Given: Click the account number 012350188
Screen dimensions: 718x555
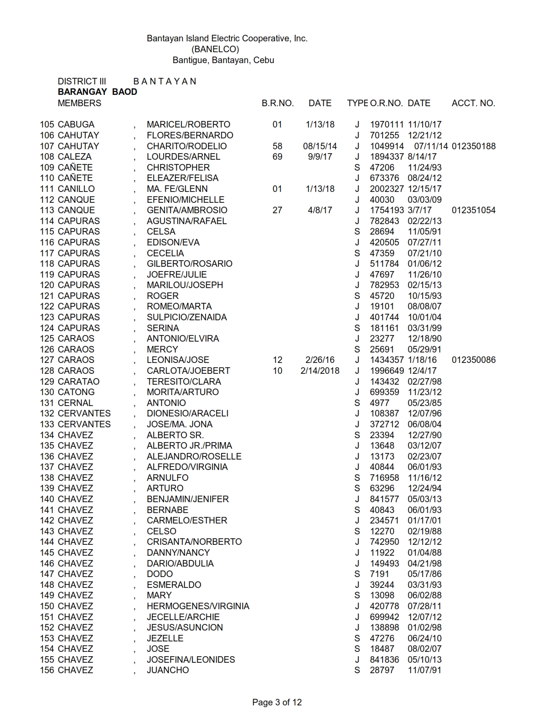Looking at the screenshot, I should click(x=474, y=146).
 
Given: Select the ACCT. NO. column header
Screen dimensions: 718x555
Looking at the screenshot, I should click(x=473, y=103).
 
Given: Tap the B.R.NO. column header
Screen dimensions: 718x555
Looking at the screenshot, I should click(x=278, y=103).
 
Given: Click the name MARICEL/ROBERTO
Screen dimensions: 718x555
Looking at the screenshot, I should click(x=188, y=124).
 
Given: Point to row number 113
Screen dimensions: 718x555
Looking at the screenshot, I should click(x=47, y=210).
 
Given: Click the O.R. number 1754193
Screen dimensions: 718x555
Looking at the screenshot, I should click(x=387, y=210).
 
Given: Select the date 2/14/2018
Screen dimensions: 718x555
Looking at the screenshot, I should click(x=320, y=371).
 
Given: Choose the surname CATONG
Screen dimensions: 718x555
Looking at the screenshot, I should click(x=76, y=392).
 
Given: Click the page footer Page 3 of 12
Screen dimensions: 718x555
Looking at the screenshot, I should click(x=277, y=702).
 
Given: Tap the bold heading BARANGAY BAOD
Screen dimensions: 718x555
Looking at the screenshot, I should click(x=98, y=92).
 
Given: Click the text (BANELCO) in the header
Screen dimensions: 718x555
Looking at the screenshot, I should click(x=215, y=49).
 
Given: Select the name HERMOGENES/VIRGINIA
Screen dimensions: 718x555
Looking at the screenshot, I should click(x=198, y=606).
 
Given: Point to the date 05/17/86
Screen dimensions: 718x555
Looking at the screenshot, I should click(x=424, y=574).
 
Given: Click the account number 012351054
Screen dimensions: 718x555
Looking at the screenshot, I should click(x=474, y=210).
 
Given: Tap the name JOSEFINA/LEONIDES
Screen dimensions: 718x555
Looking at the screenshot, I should click(x=191, y=660).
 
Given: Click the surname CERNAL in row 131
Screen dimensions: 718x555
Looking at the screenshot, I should click(x=75, y=403).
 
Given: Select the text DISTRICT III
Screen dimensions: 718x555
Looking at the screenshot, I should click(x=82, y=81).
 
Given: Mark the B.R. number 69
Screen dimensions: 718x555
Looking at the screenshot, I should click(x=277, y=157).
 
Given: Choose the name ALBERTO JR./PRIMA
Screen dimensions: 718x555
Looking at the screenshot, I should click(x=189, y=446).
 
